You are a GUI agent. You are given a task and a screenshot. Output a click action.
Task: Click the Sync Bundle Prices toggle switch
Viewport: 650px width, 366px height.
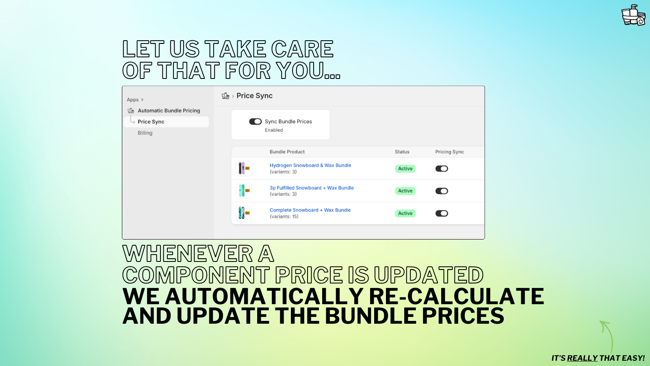coord(255,122)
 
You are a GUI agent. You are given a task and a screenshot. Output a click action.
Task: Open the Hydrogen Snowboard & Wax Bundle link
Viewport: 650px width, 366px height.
coord(310,166)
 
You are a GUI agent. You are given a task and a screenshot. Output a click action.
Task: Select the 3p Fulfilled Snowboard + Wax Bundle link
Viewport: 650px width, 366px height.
coord(312,188)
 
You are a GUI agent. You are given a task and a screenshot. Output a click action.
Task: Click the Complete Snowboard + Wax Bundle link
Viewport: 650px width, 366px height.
coord(310,210)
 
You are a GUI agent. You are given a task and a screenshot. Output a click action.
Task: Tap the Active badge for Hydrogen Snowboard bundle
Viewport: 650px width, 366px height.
coord(405,169)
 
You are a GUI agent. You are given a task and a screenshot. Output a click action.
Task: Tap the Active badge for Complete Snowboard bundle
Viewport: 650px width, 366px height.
coord(405,213)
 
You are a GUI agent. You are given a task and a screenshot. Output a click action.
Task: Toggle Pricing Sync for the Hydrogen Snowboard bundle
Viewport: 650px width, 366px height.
coord(442,169)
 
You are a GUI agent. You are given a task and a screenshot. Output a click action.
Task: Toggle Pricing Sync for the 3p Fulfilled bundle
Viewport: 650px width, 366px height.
coord(442,191)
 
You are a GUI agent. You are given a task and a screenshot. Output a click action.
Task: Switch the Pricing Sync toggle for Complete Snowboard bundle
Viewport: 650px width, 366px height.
coord(442,213)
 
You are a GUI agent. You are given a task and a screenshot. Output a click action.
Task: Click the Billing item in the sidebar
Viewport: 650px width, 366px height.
coord(145,133)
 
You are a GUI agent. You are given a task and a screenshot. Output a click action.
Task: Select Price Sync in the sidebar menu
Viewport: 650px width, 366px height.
coord(151,122)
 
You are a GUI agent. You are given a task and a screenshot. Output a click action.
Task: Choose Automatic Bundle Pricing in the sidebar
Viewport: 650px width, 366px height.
coord(169,111)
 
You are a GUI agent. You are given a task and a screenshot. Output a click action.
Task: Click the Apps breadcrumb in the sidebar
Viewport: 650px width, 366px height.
coord(133,100)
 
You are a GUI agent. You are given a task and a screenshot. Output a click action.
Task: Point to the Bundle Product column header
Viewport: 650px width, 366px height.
coord(287,152)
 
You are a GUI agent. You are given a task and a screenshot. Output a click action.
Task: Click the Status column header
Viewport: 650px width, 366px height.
coord(402,152)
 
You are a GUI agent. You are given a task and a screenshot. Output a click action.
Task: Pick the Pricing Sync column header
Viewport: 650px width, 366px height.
coord(449,152)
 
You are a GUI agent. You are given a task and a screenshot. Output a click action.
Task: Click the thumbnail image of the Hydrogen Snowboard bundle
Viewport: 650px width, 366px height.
coord(244,168)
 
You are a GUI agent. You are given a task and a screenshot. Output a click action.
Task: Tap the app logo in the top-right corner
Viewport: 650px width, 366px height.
coord(633,15)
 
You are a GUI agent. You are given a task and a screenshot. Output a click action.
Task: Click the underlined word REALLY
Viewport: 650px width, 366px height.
coord(582,358)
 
